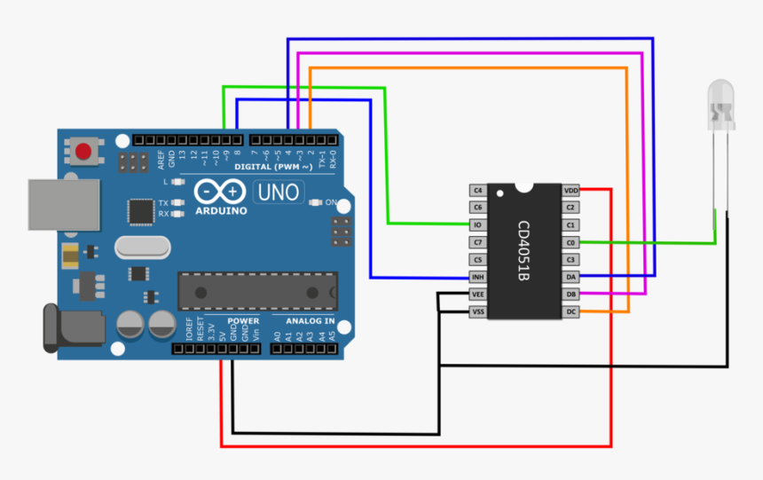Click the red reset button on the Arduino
84,152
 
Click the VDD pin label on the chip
570,190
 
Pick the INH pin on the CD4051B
477,277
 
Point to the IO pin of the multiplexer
477,224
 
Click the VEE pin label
477,295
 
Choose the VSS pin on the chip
477,311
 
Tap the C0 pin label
570,242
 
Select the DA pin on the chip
570,277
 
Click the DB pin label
570,295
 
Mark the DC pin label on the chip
570,311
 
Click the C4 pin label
477,190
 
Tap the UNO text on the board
279,191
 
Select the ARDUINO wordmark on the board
219,211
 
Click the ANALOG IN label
310,320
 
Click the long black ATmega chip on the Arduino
258,289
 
